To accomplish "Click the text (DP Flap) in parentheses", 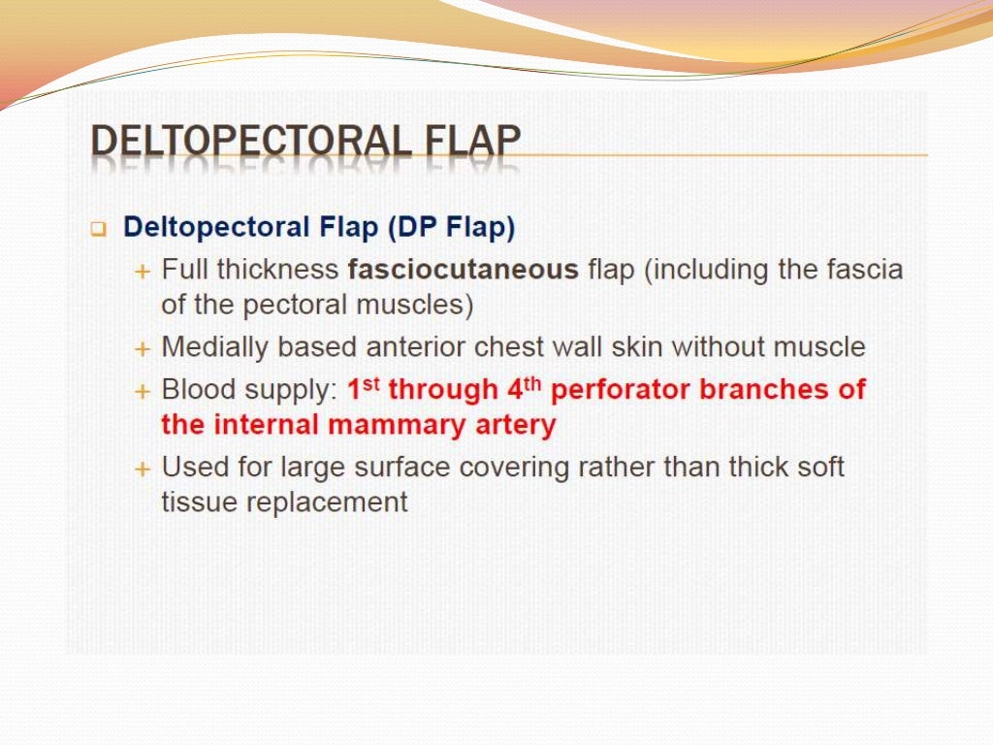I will (x=452, y=227).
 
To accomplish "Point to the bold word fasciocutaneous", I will (x=463, y=269).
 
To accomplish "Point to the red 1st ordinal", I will (x=364, y=388).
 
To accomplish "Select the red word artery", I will (x=517, y=425).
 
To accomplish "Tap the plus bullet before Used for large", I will (x=143, y=469).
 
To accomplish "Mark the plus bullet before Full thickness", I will (x=143, y=271).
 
